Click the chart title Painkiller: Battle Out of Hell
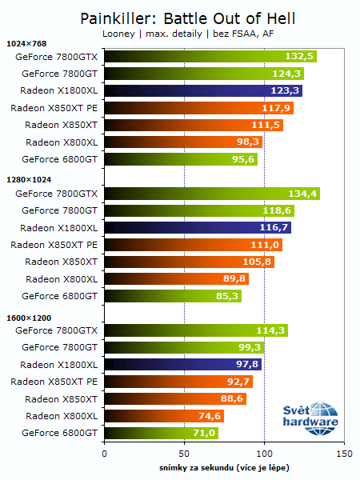[x=179, y=17]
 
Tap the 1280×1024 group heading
[x=28, y=181]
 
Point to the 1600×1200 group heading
[x=28, y=318]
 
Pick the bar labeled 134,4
[x=211, y=194]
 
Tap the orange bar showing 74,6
[x=163, y=416]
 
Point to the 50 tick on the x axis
[x=184, y=453]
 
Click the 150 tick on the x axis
[x=344, y=453]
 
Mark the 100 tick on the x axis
[x=264, y=453]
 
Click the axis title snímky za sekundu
[x=224, y=466]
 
